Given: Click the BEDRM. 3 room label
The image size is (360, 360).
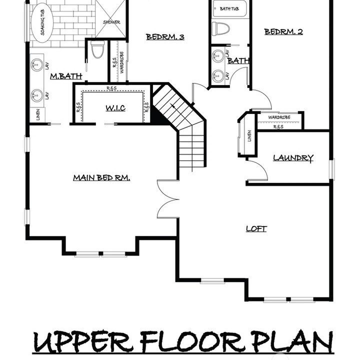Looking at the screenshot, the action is click(165, 36).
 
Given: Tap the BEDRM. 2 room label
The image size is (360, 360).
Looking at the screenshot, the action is click(283, 31).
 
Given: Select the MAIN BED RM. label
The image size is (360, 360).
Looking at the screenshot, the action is click(101, 177).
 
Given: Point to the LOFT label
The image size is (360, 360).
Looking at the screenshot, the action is click(256, 228).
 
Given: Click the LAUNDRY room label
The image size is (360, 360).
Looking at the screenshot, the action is click(293, 158).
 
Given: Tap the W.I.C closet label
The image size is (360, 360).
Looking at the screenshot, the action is click(115, 108).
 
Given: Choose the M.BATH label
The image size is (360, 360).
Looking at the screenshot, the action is click(66, 76).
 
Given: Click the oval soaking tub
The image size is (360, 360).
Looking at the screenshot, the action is click(42, 22).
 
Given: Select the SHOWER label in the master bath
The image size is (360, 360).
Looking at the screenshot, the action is click(111, 22).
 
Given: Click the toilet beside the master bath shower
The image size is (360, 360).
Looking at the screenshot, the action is click(97, 49).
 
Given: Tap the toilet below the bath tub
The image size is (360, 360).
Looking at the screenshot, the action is click(220, 28).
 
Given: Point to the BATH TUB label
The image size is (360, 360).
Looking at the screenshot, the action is click(229, 8).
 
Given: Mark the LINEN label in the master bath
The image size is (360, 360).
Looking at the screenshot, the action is click(38, 114).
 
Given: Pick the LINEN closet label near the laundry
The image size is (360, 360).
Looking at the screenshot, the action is click(249, 135).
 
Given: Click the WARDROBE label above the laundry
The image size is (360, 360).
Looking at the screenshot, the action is click(279, 117).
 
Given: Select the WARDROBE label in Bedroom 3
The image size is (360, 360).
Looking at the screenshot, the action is click(122, 62).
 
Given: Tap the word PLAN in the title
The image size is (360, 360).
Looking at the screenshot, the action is click(292, 341).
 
